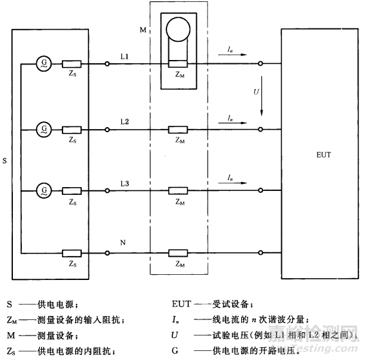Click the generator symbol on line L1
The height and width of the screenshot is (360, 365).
coord(44,64)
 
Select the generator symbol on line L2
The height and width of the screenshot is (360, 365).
coord(44,129)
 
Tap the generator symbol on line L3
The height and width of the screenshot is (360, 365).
coord(44,190)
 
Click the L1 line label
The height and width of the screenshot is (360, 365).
coord(124,57)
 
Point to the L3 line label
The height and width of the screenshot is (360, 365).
coord(124,183)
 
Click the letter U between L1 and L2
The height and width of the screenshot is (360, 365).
coord(256,93)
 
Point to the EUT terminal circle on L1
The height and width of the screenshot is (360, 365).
coord(260,64)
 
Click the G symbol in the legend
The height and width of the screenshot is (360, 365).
coord(193,351)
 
